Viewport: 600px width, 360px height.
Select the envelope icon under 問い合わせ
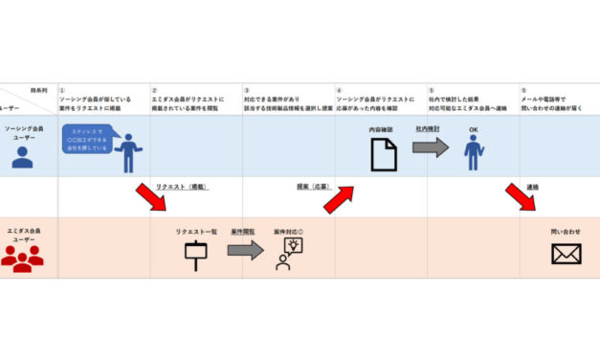(x=566, y=253)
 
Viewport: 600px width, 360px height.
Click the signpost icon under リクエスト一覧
(x=195, y=254)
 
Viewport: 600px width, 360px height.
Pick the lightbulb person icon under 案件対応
(x=288, y=253)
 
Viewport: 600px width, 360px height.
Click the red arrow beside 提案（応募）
(x=338, y=198)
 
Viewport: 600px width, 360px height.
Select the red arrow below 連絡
(x=521, y=196)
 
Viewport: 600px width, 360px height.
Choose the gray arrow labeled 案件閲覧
(x=244, y=250)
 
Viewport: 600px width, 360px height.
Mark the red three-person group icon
(x=22, y=257)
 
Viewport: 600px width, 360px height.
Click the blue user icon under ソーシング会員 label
(x=22, y=156)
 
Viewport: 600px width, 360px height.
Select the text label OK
(x=472, y=128)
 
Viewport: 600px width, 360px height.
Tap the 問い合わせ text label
(x=566, y=232)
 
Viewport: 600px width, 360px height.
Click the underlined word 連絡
(x=532, y=187)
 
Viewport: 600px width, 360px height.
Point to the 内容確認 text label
(x=383, y=129)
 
